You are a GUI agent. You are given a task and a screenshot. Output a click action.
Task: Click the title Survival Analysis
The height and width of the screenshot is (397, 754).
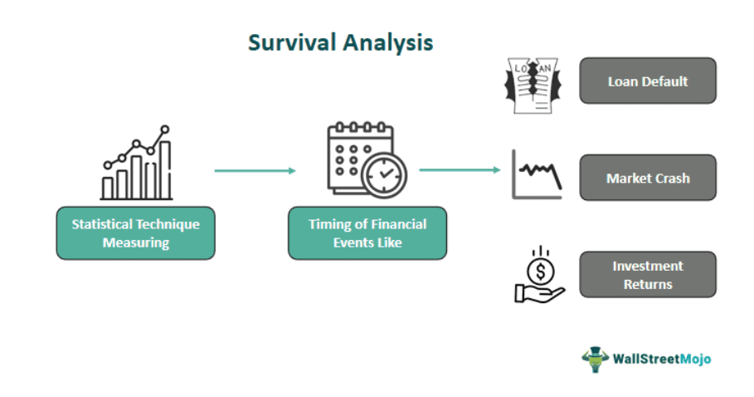click(x=340, y=42)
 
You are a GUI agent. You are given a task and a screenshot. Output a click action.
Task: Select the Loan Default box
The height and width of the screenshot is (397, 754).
click(x=647, y=81)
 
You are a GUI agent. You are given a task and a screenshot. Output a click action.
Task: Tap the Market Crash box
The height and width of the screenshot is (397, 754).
click(x=647, y=178)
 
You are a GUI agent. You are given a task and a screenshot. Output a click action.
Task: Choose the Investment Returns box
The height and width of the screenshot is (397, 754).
click(x=647, y=275)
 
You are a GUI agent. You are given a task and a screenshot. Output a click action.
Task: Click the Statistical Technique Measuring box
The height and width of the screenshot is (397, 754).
click(x=135, y=233)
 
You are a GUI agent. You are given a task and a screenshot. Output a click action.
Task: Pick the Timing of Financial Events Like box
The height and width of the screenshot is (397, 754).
click(x=367, y=233)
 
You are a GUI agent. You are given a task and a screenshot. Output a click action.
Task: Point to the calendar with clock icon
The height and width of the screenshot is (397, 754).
click(x=366, y=159)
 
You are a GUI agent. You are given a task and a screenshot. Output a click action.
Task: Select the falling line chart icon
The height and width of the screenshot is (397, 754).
click(x=537, y=175)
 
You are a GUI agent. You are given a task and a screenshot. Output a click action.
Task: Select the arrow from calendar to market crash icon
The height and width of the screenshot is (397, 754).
click(x=460, y=170)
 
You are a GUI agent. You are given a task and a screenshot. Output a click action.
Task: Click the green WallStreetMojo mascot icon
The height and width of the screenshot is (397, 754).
click(x=595, y=359)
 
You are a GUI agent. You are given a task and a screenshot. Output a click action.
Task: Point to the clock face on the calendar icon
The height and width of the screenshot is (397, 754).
click(x=383, y=175)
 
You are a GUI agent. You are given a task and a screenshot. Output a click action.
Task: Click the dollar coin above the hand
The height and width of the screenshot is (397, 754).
click(x=542, y=270)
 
